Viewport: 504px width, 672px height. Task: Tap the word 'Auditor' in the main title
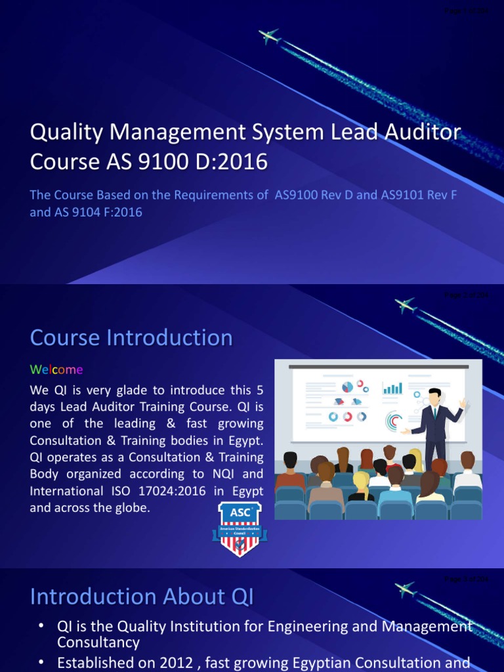click(426, 132)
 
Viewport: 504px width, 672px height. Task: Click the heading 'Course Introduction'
click(131, 337)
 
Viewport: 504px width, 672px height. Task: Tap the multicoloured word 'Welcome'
click(56, 369)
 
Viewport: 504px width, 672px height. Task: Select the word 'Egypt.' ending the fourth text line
click(245, 440)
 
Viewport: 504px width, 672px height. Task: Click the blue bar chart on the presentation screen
click(392, 388)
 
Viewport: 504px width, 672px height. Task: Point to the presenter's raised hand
click(463, 402)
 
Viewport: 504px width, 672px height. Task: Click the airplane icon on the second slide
click(405, 306)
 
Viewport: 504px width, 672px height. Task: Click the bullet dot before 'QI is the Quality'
click(41, 627)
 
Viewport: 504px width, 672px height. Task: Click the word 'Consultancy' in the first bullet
click(98, 642)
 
